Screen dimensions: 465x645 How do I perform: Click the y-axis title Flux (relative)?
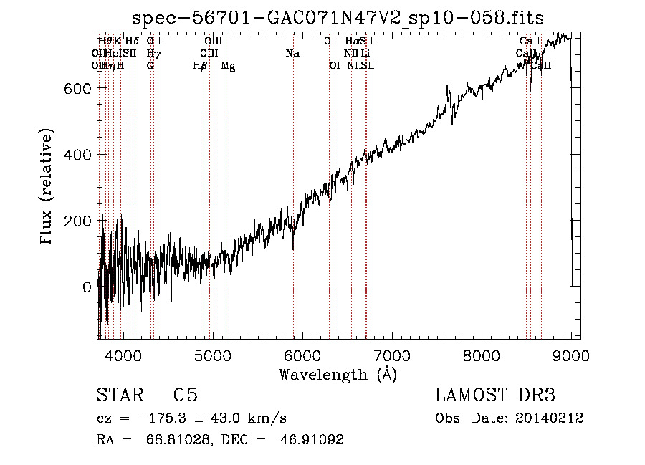click(47, 188)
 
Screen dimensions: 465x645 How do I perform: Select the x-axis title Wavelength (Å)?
click(338, 375)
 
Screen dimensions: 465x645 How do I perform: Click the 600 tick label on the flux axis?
click(77, 88)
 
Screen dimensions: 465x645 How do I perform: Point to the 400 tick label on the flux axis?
click(77, 155)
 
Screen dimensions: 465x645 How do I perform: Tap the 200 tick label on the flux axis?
click(77, 221)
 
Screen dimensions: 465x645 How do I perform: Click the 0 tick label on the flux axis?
click(87, 287)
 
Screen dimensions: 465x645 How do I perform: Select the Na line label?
click(292, 54)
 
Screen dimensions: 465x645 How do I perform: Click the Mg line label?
click(228, 66)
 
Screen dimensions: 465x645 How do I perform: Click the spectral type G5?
click(185, 396)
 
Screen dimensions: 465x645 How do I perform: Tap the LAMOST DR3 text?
click(495, 396)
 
